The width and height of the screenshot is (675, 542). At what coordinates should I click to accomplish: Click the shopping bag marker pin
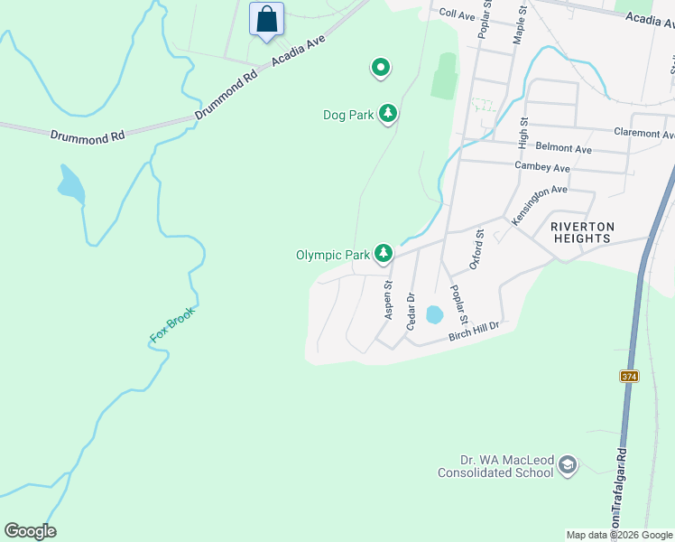(x=266, y=19)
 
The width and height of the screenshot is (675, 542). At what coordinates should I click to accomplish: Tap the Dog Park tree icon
(x=388, y=114)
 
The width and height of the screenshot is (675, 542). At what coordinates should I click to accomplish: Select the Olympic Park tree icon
(x=384, y=254)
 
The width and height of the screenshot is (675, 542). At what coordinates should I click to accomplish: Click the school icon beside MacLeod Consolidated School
(x=568, y=465)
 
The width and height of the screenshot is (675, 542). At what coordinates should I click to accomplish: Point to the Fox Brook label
(x=171, y=325)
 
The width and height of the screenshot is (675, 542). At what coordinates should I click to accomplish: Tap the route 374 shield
(x=629, y=376)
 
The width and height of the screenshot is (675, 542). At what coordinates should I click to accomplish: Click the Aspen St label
(x=389, y=300)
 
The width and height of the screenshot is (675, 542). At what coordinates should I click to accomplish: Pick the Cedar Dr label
(x=411, y=310)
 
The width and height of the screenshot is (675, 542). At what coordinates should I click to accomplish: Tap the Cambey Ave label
(x=541, y=168)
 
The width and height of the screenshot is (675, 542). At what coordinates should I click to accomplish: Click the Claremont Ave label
(x=643, y=133)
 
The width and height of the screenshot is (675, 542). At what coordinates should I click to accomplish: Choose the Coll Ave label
(x=457, y=14)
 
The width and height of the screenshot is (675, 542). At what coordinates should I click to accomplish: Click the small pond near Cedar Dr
(x=434, y=314)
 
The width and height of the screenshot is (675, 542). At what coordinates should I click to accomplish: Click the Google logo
(x=30, y=531)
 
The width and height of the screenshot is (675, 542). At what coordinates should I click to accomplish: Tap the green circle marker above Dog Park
(x=381, y=67)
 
